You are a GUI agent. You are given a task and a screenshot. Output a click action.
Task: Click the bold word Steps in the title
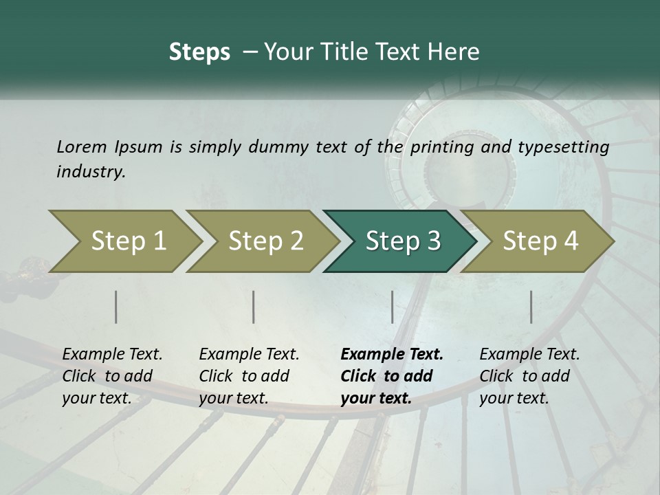tap(199, 52)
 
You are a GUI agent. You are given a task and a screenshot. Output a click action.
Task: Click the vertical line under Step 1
tap(116, 307)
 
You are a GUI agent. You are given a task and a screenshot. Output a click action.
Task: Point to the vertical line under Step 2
tap(254, 307)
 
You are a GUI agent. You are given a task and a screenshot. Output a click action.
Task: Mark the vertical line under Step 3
tap(392, 307)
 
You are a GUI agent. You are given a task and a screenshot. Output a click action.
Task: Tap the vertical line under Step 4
tap(531, 307)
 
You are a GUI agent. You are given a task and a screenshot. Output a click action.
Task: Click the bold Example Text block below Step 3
tap(392, 376)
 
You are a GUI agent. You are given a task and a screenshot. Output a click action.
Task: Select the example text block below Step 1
tap(112, 376)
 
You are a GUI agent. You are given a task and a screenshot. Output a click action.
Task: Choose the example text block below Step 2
tap(249, 376)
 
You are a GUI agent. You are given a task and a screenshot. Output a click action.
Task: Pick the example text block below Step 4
tap(529, 376)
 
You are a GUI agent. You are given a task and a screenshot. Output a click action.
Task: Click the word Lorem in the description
tap(82, 146)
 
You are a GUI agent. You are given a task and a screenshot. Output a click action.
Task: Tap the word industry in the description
tap(91, 172)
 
